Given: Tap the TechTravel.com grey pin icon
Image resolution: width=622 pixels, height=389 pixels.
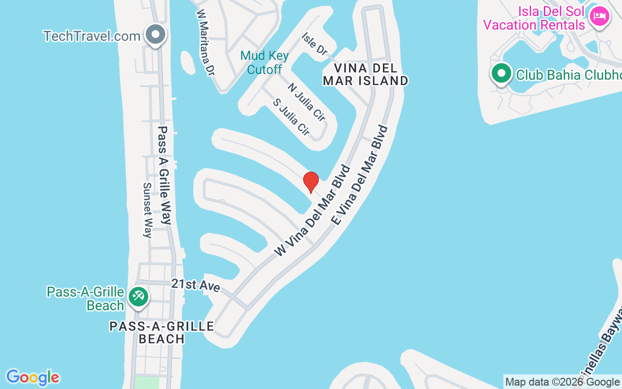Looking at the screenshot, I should pyautogui.click(x=156, y=35).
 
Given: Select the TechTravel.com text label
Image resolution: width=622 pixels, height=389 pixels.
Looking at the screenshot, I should pyautogui.click(x=92, y=36).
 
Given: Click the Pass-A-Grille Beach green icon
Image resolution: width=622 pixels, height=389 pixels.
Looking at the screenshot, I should pyautogui.click(x=138, y=297).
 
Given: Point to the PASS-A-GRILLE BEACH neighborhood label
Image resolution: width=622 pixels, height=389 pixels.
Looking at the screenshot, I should pyautogui.click(x=162, y=332).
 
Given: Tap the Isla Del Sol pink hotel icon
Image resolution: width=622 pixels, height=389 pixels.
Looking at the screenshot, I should pyautogui.click(x=599, y=17).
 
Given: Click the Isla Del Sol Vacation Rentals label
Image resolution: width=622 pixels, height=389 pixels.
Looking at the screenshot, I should pyautogui.click(x=534, y=18).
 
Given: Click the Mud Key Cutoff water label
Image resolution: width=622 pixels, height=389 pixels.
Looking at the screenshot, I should pyautogui.click(x=265, y=63).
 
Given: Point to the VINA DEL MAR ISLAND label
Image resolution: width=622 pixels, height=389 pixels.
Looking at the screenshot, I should pyautogui.click(x=365, y=74).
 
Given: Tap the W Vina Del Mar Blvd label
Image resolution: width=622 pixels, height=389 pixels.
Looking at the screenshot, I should pyautogui.click(x=312, y=211).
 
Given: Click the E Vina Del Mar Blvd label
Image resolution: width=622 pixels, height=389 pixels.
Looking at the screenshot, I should pyautogui.click(x=360, y=175).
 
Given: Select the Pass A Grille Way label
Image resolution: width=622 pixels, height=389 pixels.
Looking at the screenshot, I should pyautogui.click(x=165, y=175).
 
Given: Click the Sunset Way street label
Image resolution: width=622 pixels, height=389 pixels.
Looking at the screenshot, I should pyautogui.click(x=148, y=210).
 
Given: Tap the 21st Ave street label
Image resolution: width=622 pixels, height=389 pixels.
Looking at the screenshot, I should pyautogui.click(x=196, y=285).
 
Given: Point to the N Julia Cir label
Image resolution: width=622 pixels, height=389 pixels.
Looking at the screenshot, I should pyautogui.click(x=306, y=102).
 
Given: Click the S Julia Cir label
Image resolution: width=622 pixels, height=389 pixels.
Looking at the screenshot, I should pyautogui.click(x=291, y=117).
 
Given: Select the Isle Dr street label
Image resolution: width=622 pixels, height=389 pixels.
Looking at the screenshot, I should pyautogui.click(x=315, y=44).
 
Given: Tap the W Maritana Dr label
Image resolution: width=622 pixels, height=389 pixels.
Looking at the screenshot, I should pyautogui.click(x=205, y=41).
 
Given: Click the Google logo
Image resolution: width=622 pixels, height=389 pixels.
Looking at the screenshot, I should pyautogui.click(x=33, y=377).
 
